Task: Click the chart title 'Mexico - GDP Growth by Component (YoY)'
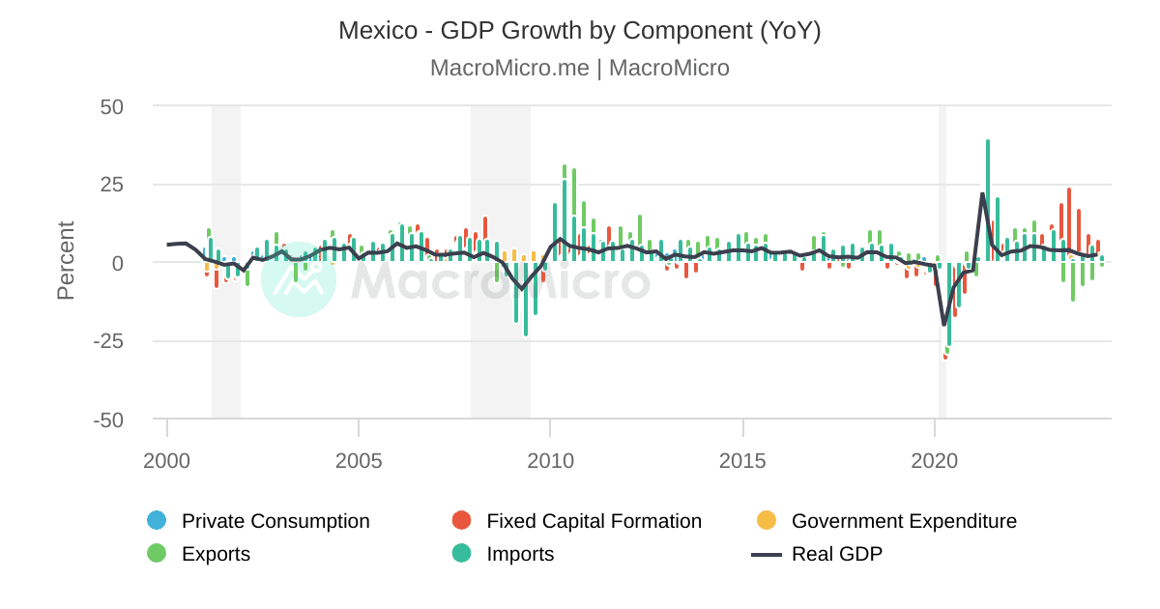pos(579,31)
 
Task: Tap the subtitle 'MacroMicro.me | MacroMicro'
pos(579,68)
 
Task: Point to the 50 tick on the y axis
pos(112,106)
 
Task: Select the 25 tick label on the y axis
pos(112,185)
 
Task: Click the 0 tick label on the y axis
pos(118,263)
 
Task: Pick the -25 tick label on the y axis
pos(108,341)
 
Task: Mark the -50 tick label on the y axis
pos(108,420)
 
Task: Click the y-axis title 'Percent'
pos(66,261)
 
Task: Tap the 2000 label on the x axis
pos(167,461)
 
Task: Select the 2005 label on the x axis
pos(359,461)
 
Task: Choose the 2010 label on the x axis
pos(550,461)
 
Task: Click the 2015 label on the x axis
pos(742,461)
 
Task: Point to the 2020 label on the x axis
pos(935,461)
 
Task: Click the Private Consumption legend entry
pos(275,521)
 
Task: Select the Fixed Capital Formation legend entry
pos(593,521)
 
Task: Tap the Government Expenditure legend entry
pos(903,521)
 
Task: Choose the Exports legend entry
pos(216,554)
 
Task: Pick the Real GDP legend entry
pos(835,554)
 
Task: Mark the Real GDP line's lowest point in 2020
pos(944,325)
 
